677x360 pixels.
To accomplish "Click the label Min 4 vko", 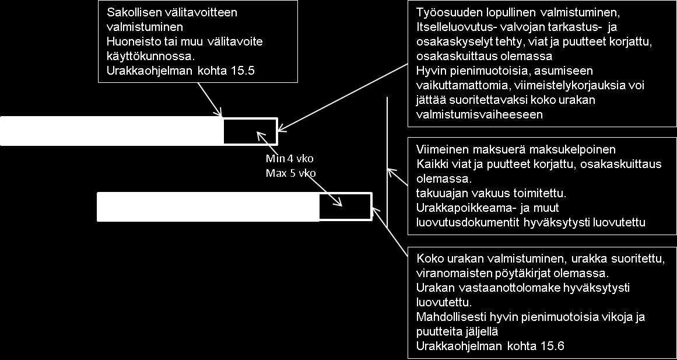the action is coord(289,159).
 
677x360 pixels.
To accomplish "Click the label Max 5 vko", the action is coord(290,173).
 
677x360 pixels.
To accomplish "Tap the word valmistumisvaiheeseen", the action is coord(479,114).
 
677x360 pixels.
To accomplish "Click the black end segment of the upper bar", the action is coord(250,131).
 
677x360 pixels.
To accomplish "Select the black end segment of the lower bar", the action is coord(345,207).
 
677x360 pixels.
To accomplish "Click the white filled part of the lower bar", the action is coord(208,207).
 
